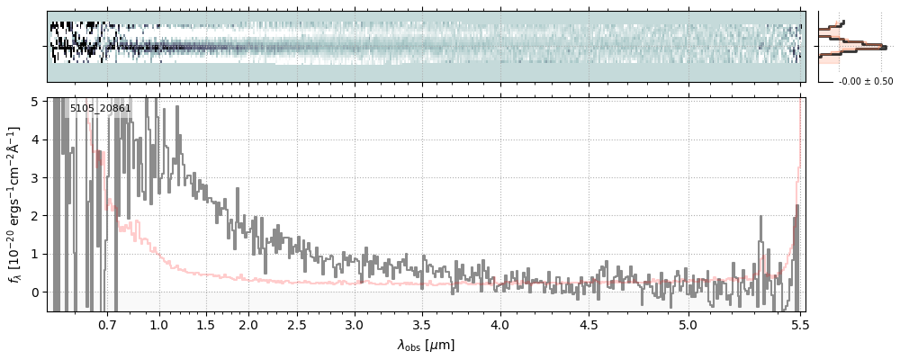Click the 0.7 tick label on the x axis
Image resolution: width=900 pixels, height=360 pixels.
pyautogui.click(x=107, y=324)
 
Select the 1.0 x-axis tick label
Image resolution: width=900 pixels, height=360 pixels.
pyautogui.click(x=159, y=324)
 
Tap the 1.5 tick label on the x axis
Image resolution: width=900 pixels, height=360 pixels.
pyautogui.click(x=205, y=324)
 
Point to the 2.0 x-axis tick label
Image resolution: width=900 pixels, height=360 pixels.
pyautogui.click(x=248, y=324)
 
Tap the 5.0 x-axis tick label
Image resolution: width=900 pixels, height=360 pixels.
pyautogui.click(x=688, y=324)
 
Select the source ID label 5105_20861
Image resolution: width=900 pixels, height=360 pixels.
pyautogui.click(x=101, y=109)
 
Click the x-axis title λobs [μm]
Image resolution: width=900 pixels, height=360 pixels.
pyautogui.click(x=426, y=345)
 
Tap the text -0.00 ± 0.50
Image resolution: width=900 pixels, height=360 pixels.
pyautogui.click(x=866, y=81)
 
